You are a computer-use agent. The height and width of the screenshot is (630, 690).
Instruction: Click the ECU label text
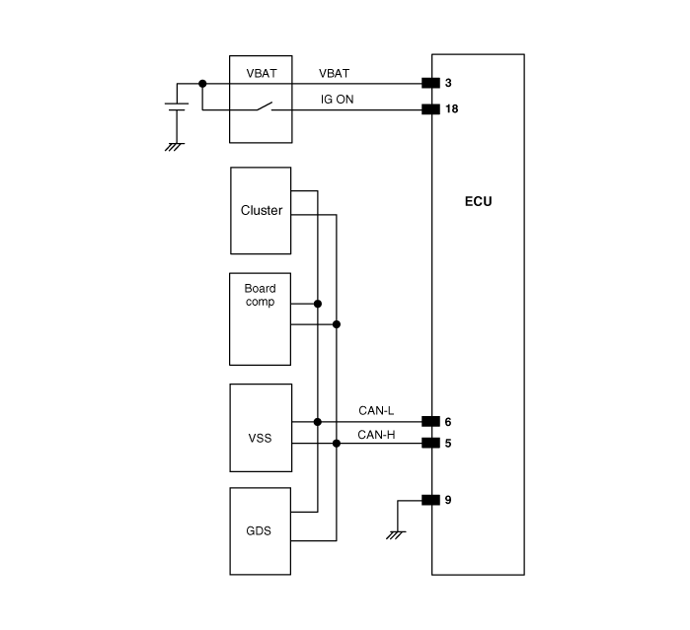(x=478, y=202)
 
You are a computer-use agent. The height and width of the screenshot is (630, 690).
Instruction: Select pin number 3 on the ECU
(x=449, y=83)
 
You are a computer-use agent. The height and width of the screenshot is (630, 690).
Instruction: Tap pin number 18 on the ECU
(x=452, y=108)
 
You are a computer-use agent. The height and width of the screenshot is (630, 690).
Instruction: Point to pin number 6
(x=448, y=421)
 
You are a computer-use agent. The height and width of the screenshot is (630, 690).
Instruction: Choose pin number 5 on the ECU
(x=448, y=443)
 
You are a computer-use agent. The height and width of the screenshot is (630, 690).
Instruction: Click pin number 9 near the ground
(x=448, y=500)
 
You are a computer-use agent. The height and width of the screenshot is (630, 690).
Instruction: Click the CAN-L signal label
(x=375, y=411)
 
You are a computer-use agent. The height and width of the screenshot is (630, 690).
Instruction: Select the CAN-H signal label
(x=375, y=433)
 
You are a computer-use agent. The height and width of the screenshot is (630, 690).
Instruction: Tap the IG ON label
(x=337, y=99)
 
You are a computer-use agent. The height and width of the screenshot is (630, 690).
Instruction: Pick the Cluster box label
(x=261, y=210)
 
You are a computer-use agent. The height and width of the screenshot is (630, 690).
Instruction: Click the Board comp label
(x=260, y=295)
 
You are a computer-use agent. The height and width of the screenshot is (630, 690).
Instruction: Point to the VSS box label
(x=260, y=437)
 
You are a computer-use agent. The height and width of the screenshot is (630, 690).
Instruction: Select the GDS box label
(x=260, y=529)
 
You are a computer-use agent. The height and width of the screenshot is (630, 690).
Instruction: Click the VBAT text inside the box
(x=260, y=73)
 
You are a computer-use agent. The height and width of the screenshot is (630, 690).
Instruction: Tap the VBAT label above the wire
(x=335, y=73)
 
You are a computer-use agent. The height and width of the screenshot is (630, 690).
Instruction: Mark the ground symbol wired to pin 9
(x=397, y=534)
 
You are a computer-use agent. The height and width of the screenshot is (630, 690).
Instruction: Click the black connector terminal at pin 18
(x=429, y=108)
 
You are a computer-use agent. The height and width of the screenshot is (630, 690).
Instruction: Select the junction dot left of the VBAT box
(x=202, y=83)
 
